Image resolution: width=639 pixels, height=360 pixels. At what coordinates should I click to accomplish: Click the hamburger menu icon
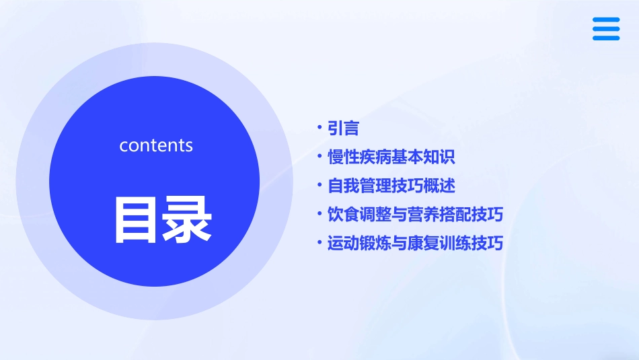point(606,29)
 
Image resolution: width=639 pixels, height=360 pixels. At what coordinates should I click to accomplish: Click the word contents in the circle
point(156,145)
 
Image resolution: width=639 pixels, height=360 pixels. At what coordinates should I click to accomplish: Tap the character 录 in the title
point(188,219)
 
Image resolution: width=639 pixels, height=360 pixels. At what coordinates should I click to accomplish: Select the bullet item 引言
point(343,129)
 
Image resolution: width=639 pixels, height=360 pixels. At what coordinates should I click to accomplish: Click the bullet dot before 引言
point(319,127)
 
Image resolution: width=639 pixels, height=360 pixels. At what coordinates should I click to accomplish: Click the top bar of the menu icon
point(606,20)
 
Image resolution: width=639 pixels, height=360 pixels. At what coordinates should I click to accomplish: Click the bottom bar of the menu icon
point(606,38)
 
